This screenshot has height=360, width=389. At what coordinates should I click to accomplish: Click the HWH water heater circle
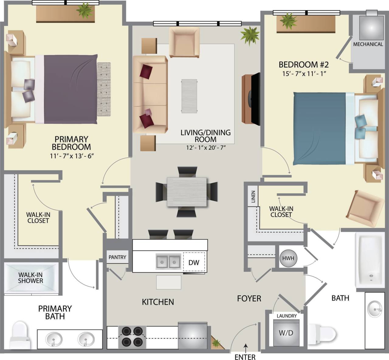(x=288, y=258)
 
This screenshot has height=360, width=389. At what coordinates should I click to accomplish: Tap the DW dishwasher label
(x=194, y=263)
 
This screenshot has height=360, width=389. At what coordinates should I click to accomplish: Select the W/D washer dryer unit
(x=286, y=333)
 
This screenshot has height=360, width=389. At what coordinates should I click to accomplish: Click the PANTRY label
(x=117, y=257)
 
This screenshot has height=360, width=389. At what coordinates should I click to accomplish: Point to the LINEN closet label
(x=253, y=197)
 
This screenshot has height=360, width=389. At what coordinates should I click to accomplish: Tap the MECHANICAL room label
(x=368, y=44)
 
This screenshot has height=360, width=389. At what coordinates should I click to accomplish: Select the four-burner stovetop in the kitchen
(x=132, y=337)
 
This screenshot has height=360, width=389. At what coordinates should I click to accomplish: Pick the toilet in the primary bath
(x=20, y=335)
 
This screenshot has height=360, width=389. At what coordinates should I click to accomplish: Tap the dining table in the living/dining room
(x=187, y=192)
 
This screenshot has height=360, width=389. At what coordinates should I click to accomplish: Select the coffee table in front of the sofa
(x=189, y=96)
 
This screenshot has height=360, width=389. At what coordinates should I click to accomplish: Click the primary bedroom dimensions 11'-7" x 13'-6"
(x=71, y=156)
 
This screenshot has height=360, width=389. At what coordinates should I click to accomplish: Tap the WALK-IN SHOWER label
(x=30, y=277)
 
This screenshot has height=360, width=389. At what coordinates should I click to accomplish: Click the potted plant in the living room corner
(x=250, y=35)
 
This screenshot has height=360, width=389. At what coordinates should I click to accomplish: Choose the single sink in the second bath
(x=375, y=309)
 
